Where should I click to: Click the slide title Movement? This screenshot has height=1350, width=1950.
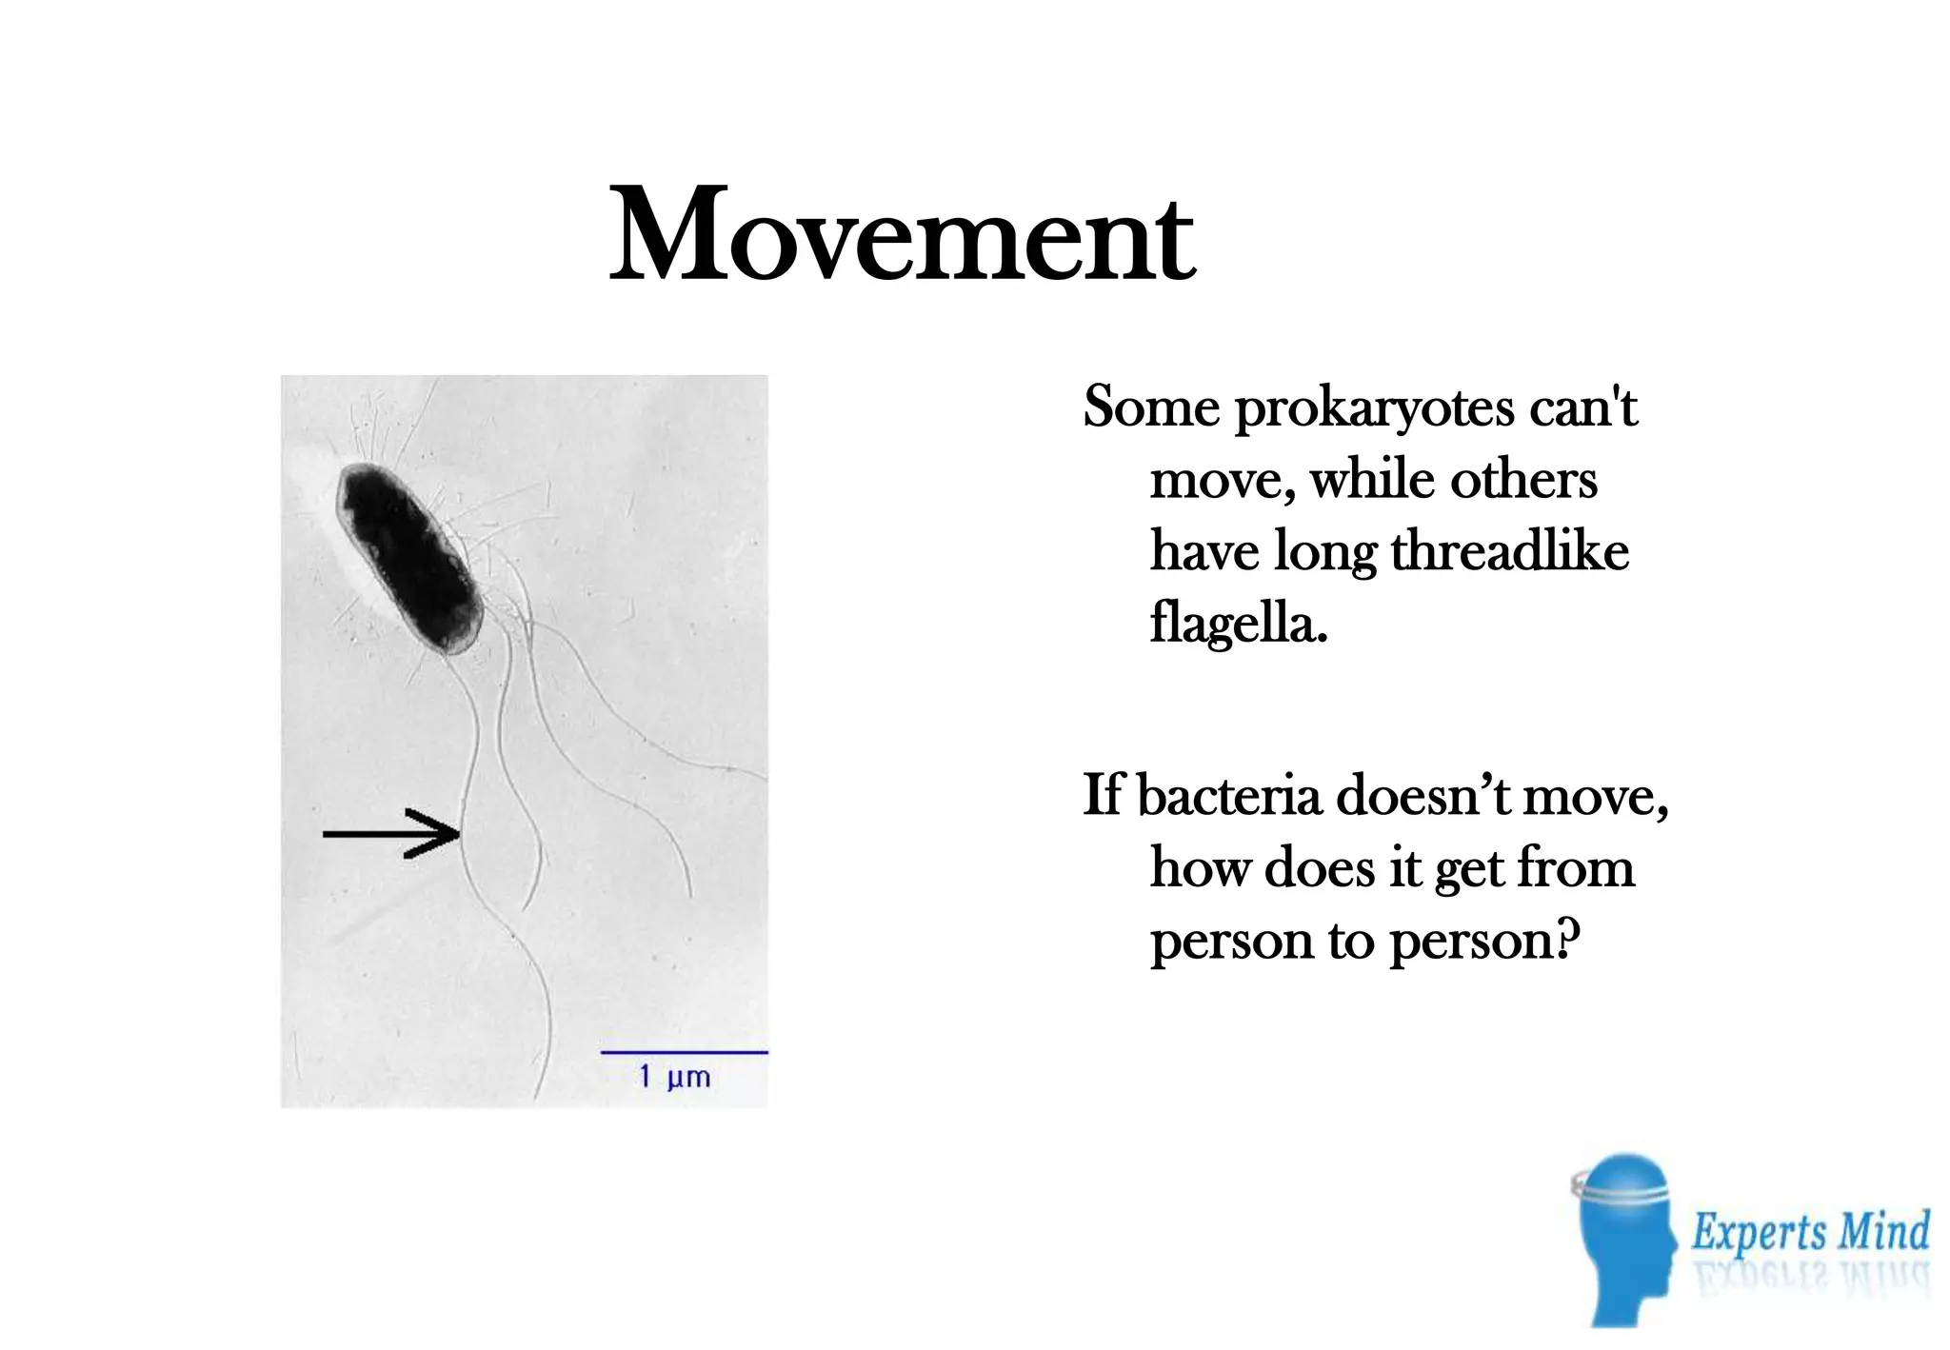(x=901, y=235)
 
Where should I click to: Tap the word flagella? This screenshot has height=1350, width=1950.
(x=1237, y=623)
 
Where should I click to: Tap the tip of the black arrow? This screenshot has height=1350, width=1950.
(x=459, y=835)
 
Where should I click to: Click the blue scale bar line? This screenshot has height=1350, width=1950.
(x=684, y=1052)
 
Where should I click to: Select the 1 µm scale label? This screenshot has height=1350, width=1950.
(x=675, y=1078)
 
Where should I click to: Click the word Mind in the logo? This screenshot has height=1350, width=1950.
(x=1882, y=1231)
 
